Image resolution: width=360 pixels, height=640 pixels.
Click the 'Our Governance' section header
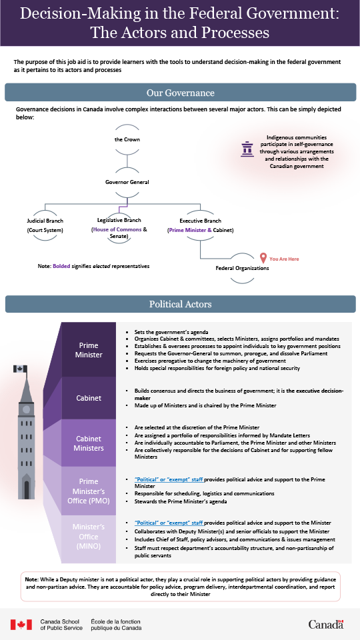(180, 93)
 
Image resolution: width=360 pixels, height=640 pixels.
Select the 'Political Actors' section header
(180, 304)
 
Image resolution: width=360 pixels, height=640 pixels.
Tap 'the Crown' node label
(127, 140)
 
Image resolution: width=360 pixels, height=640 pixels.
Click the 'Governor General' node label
(127, 181)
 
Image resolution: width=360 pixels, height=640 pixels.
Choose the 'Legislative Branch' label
(119, 220)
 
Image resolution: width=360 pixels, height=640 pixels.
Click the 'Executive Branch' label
(201, 220)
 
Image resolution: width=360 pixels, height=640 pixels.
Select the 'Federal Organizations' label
(242, 268)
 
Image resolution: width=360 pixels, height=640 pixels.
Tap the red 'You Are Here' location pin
(263, 258)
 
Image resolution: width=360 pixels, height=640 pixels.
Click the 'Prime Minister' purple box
(90, 350)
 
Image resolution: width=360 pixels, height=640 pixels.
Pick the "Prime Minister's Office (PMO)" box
(90, 490)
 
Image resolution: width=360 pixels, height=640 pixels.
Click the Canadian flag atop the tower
(20, 369)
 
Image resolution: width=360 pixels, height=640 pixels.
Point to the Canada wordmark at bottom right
(326, 624)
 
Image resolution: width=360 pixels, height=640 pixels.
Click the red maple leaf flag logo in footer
(21, 624)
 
